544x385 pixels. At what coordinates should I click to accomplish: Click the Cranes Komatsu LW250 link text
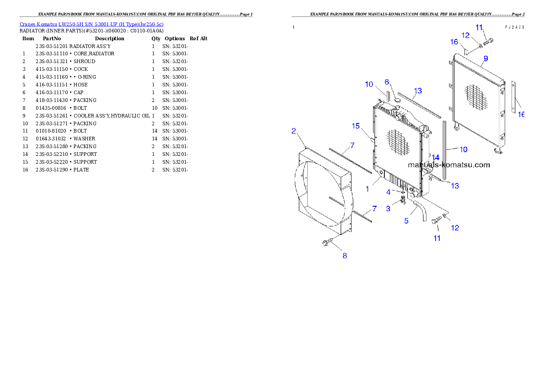point(91,24)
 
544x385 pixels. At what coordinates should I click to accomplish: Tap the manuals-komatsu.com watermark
point(448,165)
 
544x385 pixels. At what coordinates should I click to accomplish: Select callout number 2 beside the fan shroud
point(294,132)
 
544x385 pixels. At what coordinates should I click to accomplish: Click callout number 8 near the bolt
point(345,256)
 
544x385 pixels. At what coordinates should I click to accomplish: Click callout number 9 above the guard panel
point(485,58)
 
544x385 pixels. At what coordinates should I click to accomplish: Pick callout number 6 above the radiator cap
point(387,82)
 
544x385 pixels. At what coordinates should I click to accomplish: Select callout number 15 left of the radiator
point(356,126)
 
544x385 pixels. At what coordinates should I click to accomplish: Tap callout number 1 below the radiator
point(367,188)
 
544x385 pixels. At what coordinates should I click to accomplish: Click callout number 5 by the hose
point(406,221)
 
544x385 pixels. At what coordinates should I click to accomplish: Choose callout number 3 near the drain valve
point(388,209)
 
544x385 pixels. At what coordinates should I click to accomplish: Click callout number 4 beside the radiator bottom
point(388,192)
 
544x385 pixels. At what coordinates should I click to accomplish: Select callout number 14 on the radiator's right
point(436,157)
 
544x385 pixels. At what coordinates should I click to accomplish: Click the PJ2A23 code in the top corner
point(514,27)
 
